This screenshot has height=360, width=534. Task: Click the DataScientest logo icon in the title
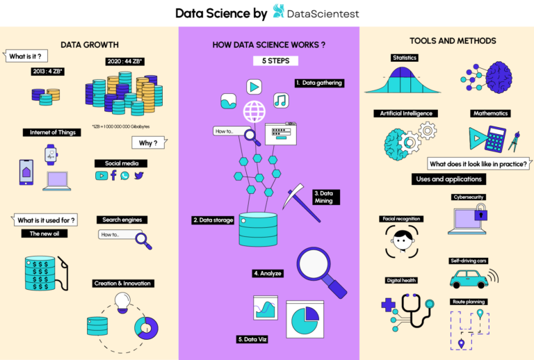point(279,11)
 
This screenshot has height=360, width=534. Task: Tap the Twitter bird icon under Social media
point(139,176)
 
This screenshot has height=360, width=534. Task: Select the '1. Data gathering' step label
point(318,83)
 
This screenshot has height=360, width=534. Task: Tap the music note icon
point(281,101)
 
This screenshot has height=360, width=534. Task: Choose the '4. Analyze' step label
point(268,273)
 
